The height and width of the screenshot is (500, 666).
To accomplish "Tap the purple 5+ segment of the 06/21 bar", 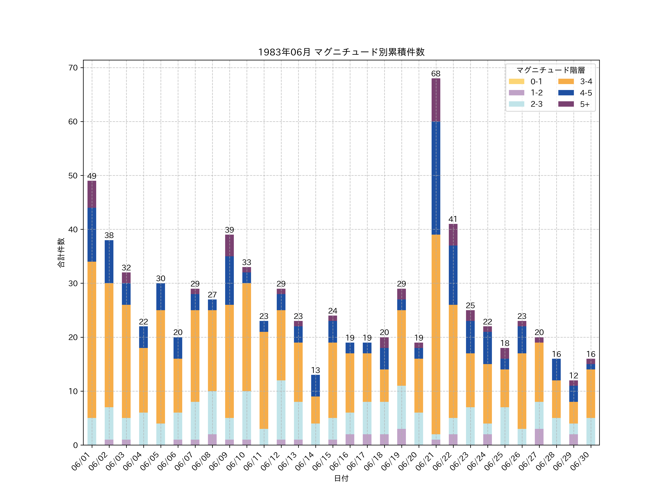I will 436,100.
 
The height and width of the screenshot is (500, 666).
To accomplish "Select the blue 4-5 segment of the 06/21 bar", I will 436,178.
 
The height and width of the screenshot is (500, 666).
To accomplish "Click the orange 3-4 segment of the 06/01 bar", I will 92,340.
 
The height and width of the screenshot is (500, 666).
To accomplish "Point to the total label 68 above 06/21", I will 436,74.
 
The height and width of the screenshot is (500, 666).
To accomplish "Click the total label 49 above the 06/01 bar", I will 92,176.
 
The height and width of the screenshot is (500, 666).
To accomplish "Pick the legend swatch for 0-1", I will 516,81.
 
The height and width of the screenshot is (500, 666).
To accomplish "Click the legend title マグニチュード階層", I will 550,70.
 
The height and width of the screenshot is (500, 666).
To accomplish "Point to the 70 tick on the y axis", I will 73,68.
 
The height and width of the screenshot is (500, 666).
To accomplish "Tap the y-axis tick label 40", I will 73,229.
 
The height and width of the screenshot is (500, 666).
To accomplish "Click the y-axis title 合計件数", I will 61,253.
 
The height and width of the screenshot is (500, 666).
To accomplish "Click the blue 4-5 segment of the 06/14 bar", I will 316,386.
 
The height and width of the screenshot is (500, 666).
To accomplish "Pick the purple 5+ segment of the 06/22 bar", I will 453,235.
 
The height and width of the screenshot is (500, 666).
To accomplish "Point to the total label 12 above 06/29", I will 573,376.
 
